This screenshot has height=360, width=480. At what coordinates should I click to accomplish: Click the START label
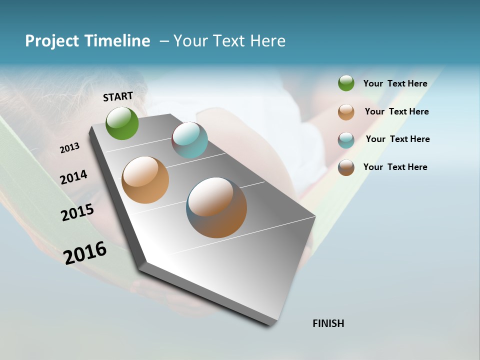[x=118, y=96]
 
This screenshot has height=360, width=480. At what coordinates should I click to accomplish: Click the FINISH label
[x=328, y=323]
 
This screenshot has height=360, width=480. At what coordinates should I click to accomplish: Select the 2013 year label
[x=70, y=148]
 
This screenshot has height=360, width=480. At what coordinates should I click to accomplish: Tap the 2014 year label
[x=74, y=177]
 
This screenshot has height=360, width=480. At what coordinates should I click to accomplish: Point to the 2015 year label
[x=77, y=212]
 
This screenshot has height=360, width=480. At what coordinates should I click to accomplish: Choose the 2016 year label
[x=85, y=252]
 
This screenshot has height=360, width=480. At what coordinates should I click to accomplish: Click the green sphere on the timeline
[x=122, y=123]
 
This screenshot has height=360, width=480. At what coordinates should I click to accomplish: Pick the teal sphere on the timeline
[x=189, y=139]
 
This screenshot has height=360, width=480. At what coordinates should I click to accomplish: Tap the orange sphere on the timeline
[x=145, y=180]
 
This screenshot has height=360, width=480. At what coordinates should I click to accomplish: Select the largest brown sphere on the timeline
[x=216, y=207]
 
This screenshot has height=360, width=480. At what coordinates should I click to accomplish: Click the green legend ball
[x=346, y=83]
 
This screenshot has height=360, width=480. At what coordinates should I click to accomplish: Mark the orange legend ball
[x=346, y=112]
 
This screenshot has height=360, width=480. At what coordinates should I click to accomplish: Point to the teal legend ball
[x=346, y=140]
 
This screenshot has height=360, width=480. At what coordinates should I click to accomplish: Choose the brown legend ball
[x=346, y=167]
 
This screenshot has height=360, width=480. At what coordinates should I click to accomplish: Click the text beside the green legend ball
[x=395, y=83]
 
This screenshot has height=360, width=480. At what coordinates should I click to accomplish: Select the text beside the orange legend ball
[x=397, y=111]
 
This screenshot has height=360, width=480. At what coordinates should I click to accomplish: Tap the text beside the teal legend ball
[x=398, y=139]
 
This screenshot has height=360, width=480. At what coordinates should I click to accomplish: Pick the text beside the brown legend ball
[x=395, y=167]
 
